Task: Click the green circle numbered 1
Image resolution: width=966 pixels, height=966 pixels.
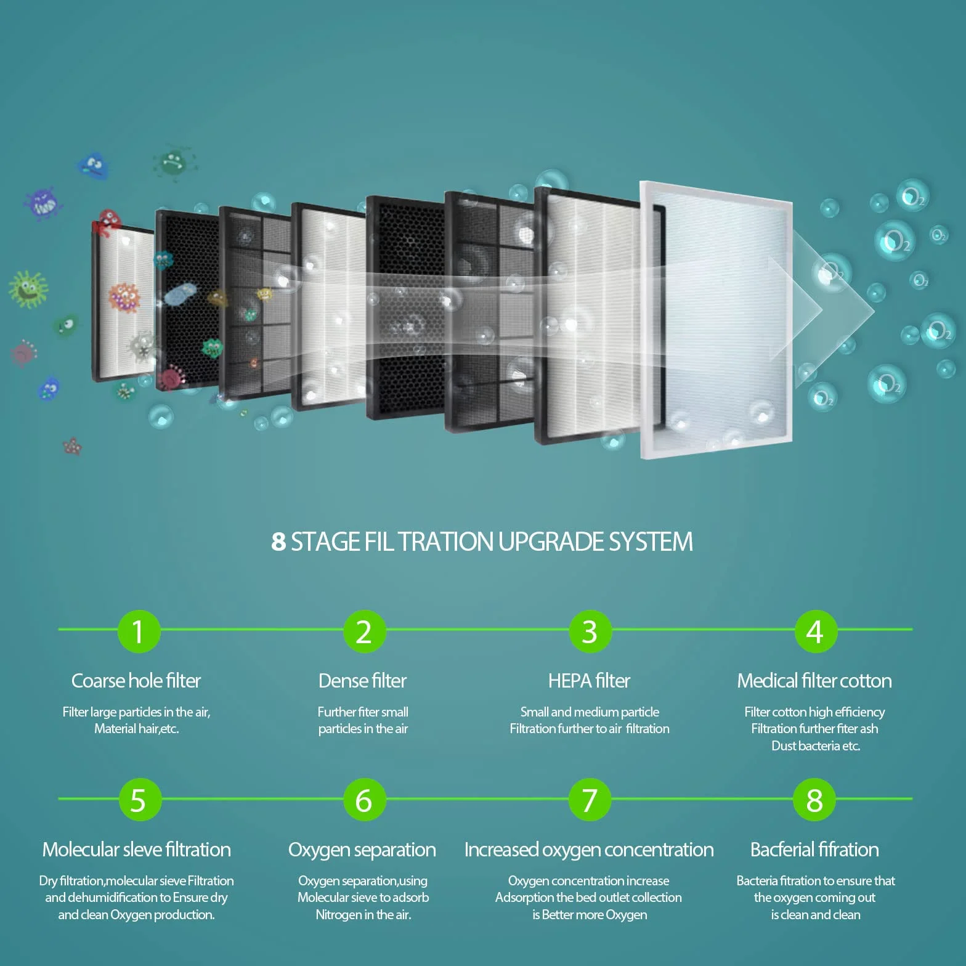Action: pyautogui.click(x=138, y=631)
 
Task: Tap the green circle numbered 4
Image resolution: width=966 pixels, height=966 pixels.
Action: pyautogui.click(x=814, y=631)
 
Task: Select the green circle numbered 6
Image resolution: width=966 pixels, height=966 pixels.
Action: pyautogui.click(x=363, y=800)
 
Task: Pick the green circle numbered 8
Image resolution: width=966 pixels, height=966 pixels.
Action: pyautogui.click(x=814, y=800)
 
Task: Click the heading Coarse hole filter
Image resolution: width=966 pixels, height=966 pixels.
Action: pyautogui.click(x=136, y=681)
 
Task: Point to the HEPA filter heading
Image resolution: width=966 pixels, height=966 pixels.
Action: pyautogui.click(x=589, y=681)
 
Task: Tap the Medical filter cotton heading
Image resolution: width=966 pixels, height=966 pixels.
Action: pyautogui.click(x=814, y=681)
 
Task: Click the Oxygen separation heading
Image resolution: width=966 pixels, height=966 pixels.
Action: pyautogui.click(x=362, y=850)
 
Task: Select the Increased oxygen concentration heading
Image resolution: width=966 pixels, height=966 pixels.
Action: pyautogui.click(x=589, y=850)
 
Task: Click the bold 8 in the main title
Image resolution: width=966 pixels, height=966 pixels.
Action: pyautogui.click(x=278, y=542)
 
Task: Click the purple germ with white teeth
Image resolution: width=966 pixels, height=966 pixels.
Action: pyautogui.click(x=44, y=203)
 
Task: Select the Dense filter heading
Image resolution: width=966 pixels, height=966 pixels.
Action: pyautogui.click(x=362, y=681)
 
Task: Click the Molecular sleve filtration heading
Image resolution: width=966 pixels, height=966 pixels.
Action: pyautogui.click(x=136, y=850)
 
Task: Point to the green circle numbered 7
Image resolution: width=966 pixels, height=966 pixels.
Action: pyautogui.click(x=589, y=800)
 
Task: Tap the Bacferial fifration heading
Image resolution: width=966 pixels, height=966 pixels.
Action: pyautogui.click(x=814, y=850)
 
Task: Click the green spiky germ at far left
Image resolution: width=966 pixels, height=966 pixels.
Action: pyautogui.click(x=28, y=288)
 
